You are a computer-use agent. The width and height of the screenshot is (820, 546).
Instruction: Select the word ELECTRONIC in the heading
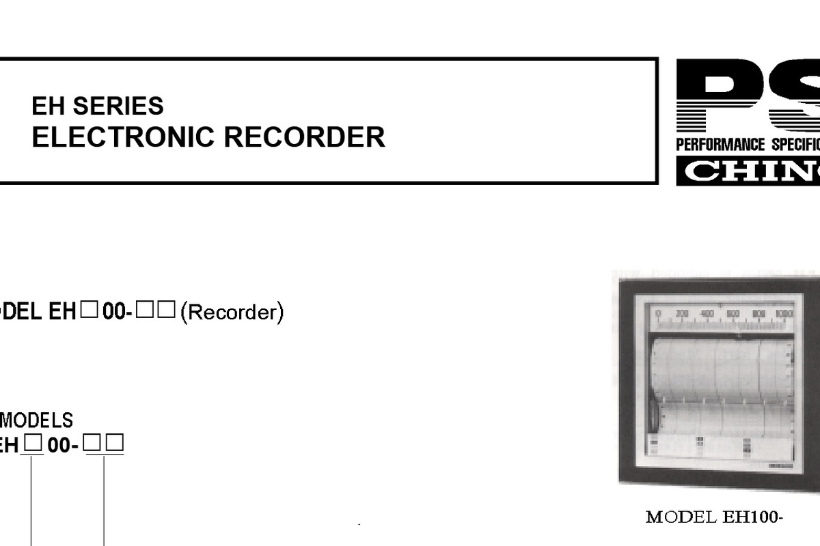pyautogui.click(x=123, y=137)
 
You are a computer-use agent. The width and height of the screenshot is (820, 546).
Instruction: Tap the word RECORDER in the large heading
pyautogui.click(x=304, y=137)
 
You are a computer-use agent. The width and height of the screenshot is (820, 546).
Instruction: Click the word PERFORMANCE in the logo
pyautogui.click(x=720, y=145)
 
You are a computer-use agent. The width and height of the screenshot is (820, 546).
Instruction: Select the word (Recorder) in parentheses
pyautogui.click(x=232, y=313)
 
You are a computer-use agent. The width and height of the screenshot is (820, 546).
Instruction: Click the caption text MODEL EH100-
pyautogui.click(x=713, y=517)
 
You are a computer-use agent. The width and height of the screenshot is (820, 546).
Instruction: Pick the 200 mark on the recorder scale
pyautogui.click(x=682, y=314)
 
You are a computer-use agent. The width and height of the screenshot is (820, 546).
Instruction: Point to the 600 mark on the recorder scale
pyautogui.click(x=733, y=314)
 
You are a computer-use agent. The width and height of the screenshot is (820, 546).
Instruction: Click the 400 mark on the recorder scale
pyautogui.click(x=707, y=314)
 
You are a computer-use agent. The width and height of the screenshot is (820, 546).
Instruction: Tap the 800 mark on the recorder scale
pyautogui.click(x=758, y=314)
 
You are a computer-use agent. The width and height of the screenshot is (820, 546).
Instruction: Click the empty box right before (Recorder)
pyautogui.click(x=168, y=311)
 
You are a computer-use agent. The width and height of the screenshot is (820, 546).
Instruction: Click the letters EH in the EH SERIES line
pyautogui.click(x=48, y=106)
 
